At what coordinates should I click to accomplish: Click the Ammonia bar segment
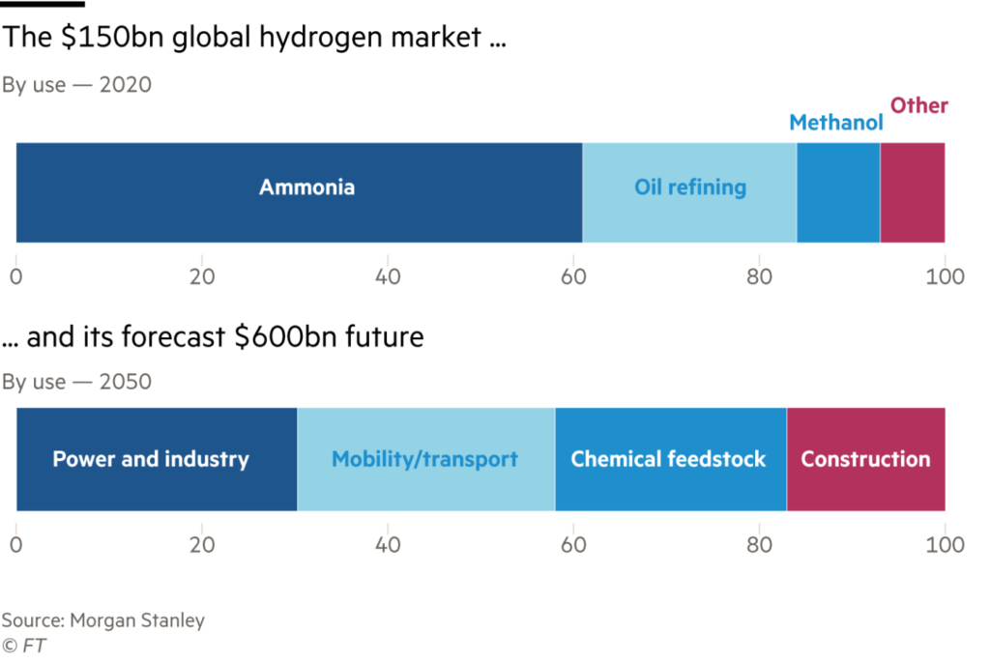point(300,192)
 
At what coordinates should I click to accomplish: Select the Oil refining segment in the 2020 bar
point(689,192)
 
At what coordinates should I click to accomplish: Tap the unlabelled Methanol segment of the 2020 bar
point(838,192)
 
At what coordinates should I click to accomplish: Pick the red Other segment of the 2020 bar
point(913,192)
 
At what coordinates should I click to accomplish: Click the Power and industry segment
point(157,459)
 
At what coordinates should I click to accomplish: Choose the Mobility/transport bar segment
point(426,459)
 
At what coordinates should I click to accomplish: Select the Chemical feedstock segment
point(671,459)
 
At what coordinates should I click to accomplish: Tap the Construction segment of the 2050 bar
point(865,459)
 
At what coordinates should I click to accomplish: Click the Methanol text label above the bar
point(836,122)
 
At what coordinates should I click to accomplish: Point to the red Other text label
point(919,104)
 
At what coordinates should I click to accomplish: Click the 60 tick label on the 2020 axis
point(573,276)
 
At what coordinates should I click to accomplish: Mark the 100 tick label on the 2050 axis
point(945,545)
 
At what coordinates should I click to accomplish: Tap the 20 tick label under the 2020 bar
point(202,276)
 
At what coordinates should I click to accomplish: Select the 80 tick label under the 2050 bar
point(759,545)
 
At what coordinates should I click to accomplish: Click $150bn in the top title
point(113,37)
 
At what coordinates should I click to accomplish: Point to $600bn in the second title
point(285,336)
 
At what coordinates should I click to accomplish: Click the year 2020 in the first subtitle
point(125,85)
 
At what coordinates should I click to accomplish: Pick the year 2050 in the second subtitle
point(125,382)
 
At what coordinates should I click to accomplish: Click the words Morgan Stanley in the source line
point(137,620)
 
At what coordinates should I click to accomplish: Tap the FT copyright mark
point(24,646)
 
